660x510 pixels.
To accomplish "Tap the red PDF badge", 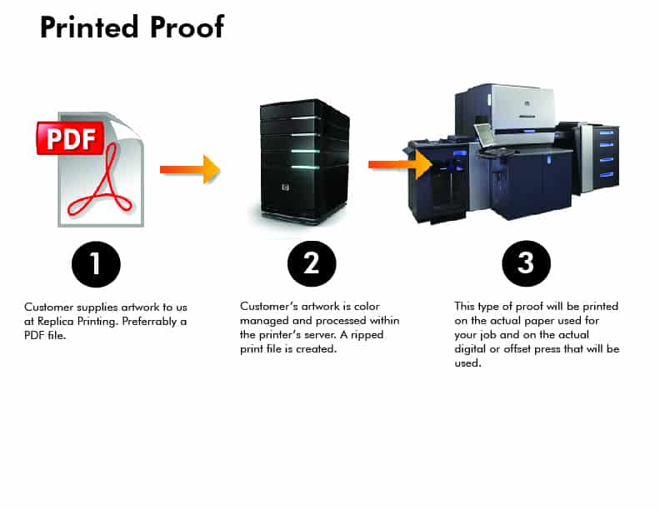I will [71, 137].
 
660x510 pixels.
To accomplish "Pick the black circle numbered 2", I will [311, 263].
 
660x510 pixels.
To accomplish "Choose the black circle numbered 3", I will [525, 263].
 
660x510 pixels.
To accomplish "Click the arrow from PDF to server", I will [190, 169].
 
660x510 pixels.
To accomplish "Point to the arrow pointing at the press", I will [400, 164].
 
